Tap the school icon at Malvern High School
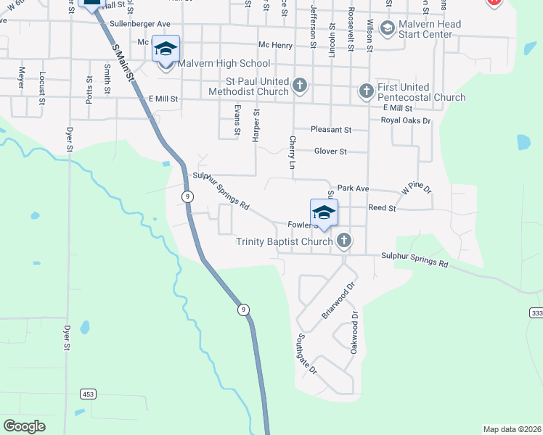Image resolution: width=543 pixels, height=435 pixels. (x=166, y=49)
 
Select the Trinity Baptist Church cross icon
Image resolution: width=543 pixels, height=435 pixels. (x=344, y=241)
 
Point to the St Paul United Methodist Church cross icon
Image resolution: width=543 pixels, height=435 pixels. (x=299, y=86)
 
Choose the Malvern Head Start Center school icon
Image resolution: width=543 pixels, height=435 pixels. (x=387, y=28)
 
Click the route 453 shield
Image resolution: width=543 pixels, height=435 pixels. (x=88, y=394)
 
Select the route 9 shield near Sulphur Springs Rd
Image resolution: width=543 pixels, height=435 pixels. (x=188, y=196)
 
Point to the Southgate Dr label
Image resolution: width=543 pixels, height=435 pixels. (x=306, y=353)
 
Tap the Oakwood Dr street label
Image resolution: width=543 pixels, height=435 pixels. (x=354, y=333)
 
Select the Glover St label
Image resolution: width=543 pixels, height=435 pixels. (x=330, y=152)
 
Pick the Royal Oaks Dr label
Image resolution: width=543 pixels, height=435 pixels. (x=406, y=121)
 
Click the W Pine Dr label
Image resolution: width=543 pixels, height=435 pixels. (x=416, y=189)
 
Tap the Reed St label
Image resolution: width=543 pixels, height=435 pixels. (x=381, y=208)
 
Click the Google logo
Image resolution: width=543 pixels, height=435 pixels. (x=24, y=426)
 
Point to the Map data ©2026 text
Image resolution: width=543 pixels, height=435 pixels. (x=512, y=429)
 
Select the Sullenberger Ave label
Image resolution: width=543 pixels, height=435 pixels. (x=139, y=24)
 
